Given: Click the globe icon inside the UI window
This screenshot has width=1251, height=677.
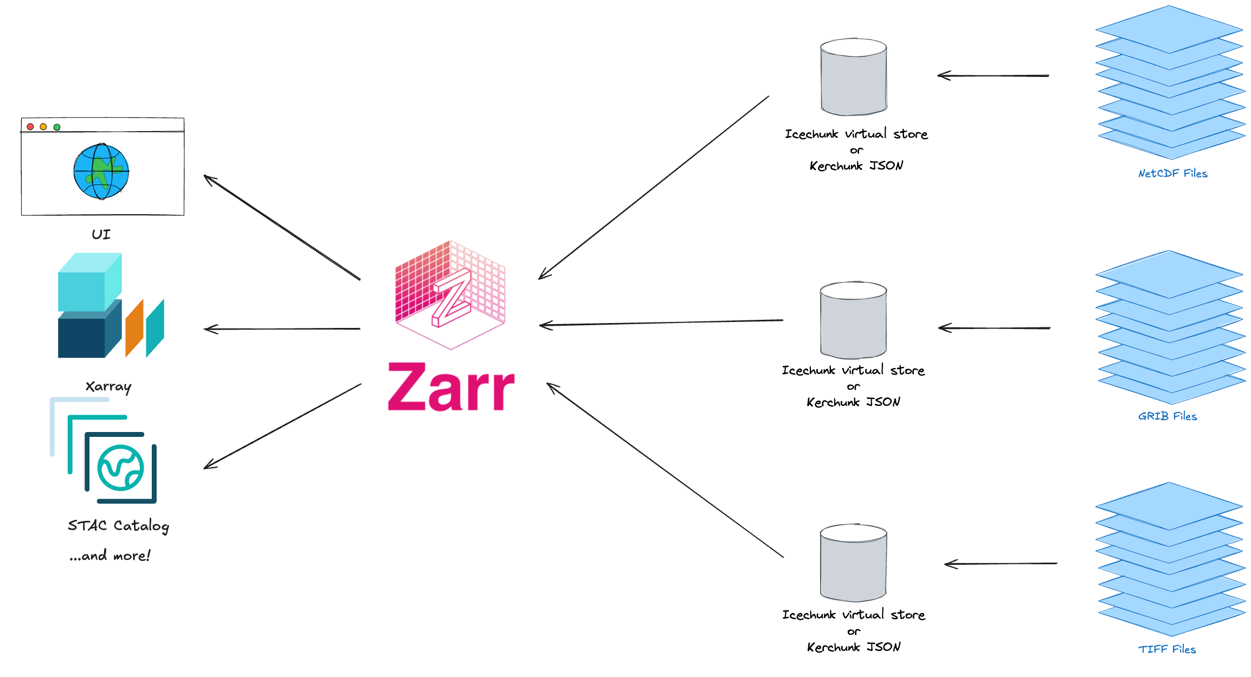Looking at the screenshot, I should click(x=101, y=171).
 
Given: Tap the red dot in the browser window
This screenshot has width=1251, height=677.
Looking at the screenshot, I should click(x=30, y=127).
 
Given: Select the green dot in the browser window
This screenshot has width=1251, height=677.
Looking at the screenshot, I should click(x=57, y=127).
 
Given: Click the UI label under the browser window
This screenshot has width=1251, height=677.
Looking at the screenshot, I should click(x=101, y=235).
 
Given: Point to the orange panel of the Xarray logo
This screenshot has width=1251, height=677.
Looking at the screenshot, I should click(x=134, y=327).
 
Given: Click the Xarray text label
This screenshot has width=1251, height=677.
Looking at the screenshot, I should click(x=108, y=386).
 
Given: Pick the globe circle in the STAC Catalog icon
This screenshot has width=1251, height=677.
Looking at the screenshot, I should click(x=120, y=467).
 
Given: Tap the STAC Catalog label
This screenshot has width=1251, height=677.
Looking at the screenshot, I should click(x=118, y=526).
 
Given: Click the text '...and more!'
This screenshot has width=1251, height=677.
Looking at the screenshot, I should click(x=110, y=556).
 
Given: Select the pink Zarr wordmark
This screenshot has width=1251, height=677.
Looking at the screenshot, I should click(x=451, y=387).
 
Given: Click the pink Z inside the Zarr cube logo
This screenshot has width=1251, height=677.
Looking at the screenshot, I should click(x=451, y=297).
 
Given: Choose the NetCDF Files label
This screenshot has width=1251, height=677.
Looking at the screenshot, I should click(x=1172, y=173).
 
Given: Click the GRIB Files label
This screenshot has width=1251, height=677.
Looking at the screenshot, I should click(x=1168, y=416).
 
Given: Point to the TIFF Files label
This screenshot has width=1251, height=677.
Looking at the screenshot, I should click(x=1167, y=649).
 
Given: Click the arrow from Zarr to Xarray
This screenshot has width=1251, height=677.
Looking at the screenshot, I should click(x=282, y=328).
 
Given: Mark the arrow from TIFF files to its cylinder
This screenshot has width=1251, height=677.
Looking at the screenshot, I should click(x=1001, y=564).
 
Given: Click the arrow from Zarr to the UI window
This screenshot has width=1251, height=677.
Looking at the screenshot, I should click(x=282, y=228).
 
